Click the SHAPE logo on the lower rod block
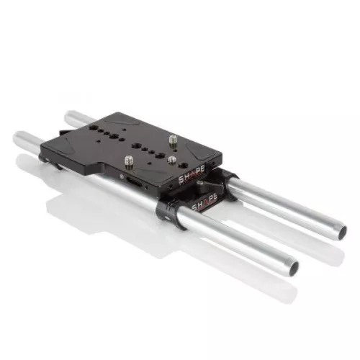click(x=204, y=202)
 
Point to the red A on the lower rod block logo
click(x=204, y=202)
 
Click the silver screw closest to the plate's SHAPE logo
click(x=172, y=161)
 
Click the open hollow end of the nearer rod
click(x=294, y=267)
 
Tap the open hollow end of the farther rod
click(x=343, y=231)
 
